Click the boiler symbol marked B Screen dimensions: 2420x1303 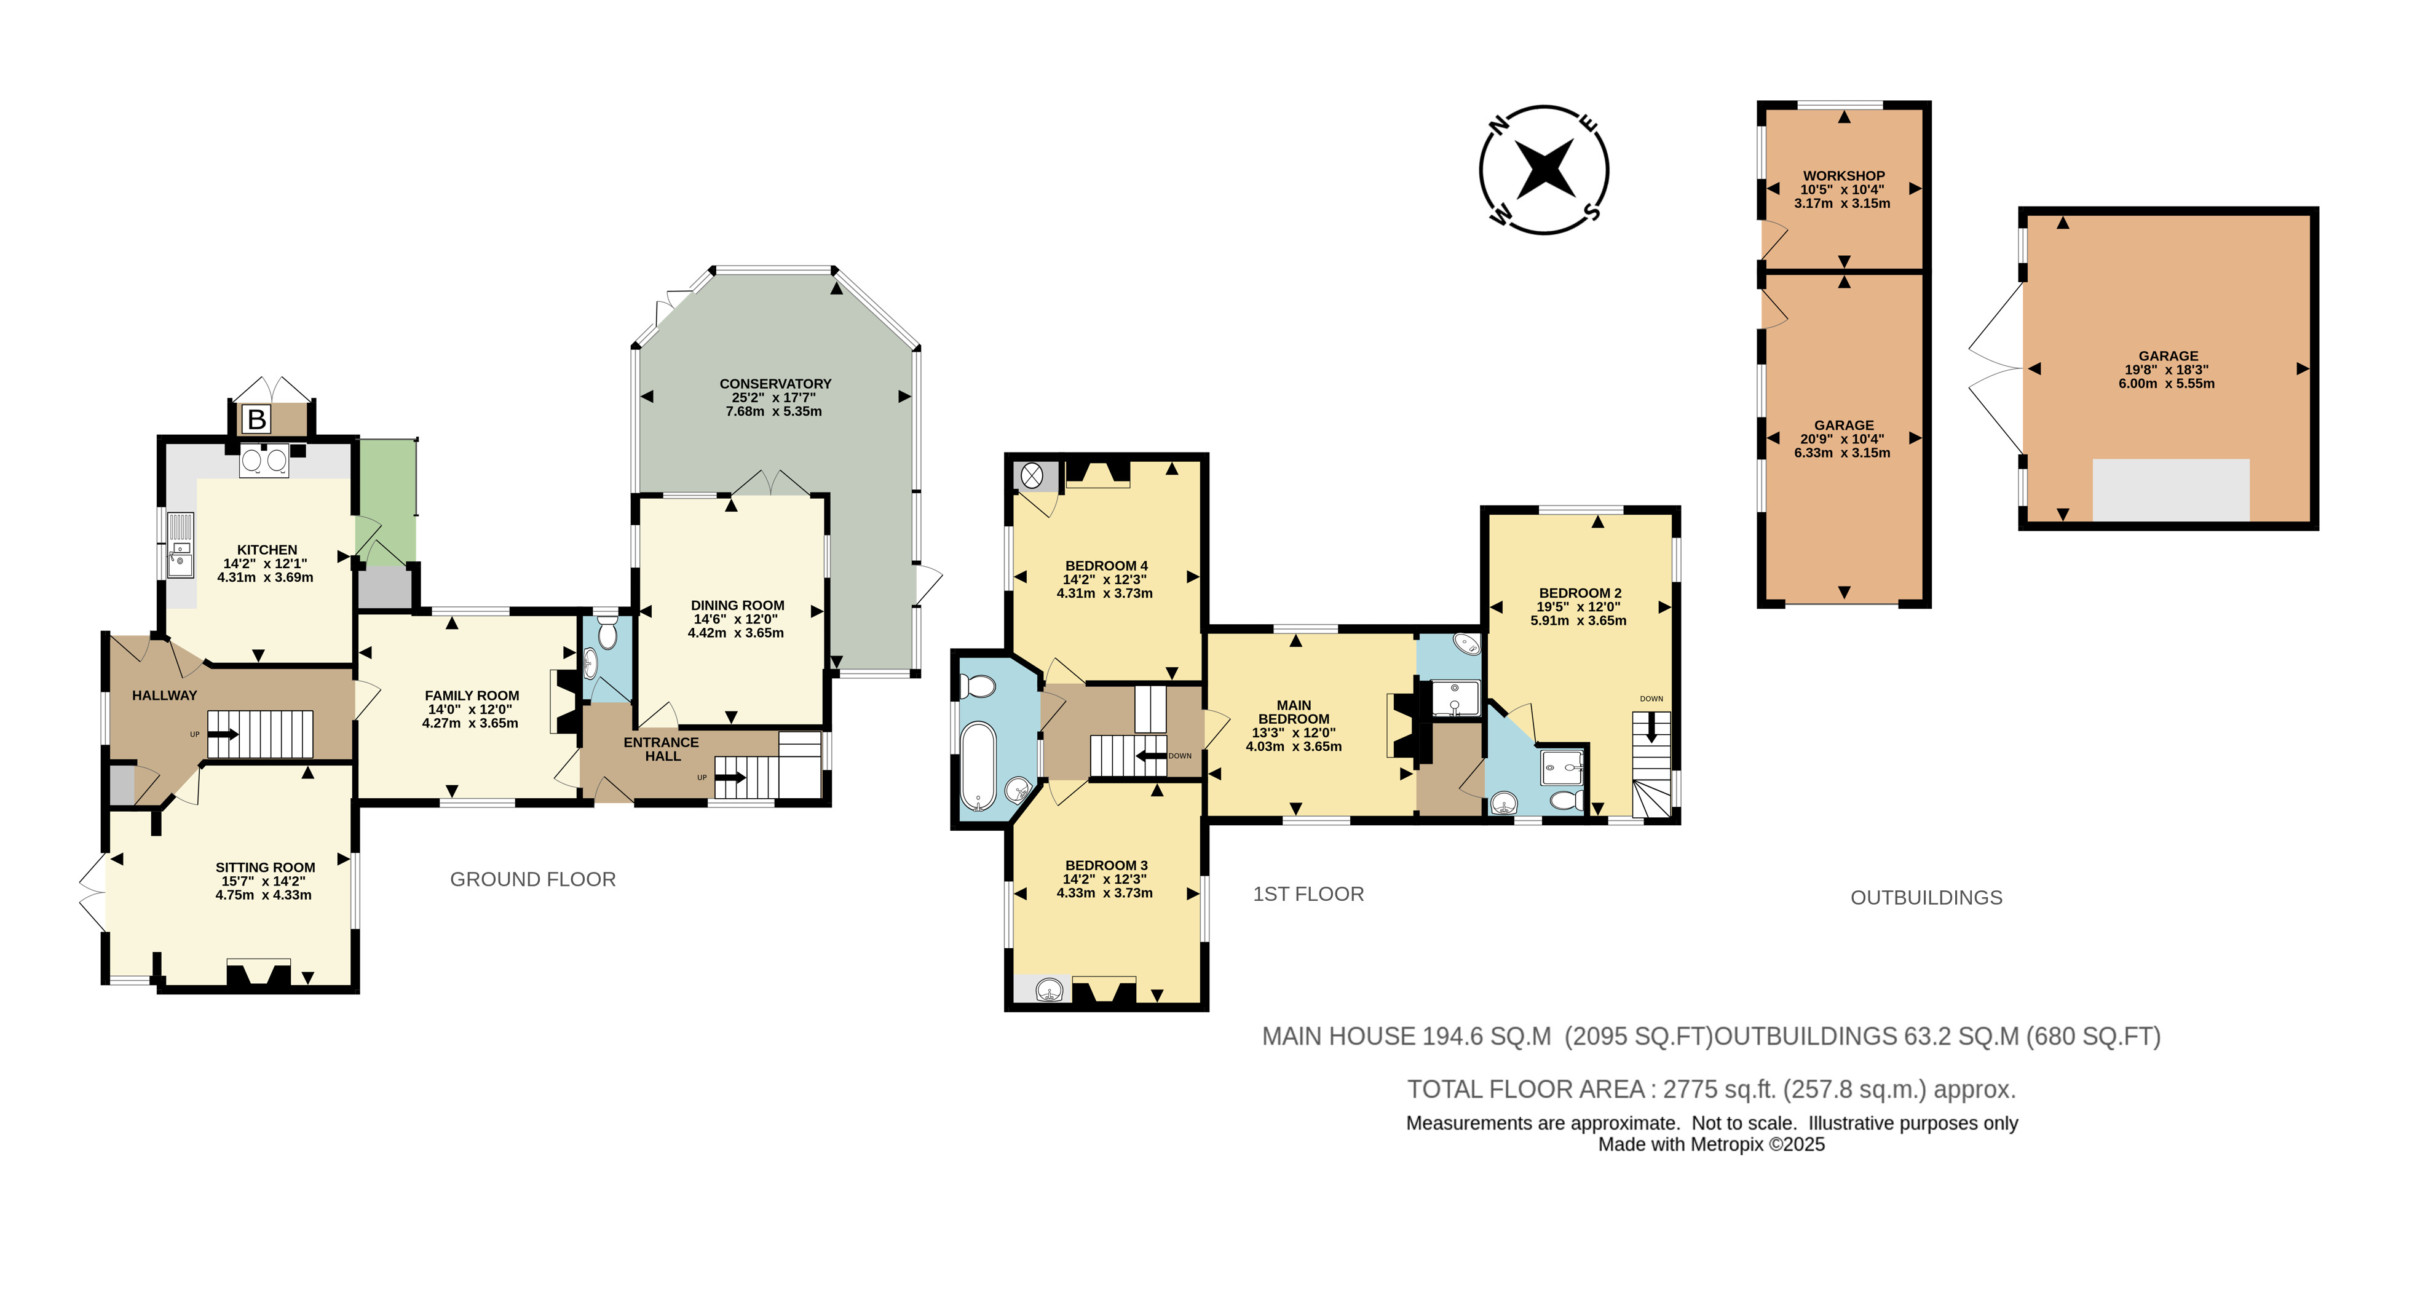tap(256, 419)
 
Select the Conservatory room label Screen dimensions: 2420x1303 tap(775, 383)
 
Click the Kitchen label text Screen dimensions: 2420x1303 tap(267, 550)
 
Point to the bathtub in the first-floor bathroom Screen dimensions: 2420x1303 tap(979, 765)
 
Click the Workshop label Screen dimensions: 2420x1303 tap(1843, 176)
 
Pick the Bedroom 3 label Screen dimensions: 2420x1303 tap(1105, 865)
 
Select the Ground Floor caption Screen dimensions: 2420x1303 tap(532, 879)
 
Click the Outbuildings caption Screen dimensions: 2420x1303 tap(1926, 897)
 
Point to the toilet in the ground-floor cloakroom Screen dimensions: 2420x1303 tap(607, 634)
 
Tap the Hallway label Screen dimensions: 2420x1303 tap(164, 695)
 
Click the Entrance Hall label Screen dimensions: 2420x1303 tap(662, 749)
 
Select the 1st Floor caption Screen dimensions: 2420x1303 tap(1308, 893)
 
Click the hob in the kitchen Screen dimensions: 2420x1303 tap(264, 461)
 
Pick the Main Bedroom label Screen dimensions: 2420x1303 tap(1294, 711)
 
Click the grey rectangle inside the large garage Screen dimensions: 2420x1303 tap(2170, 489)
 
